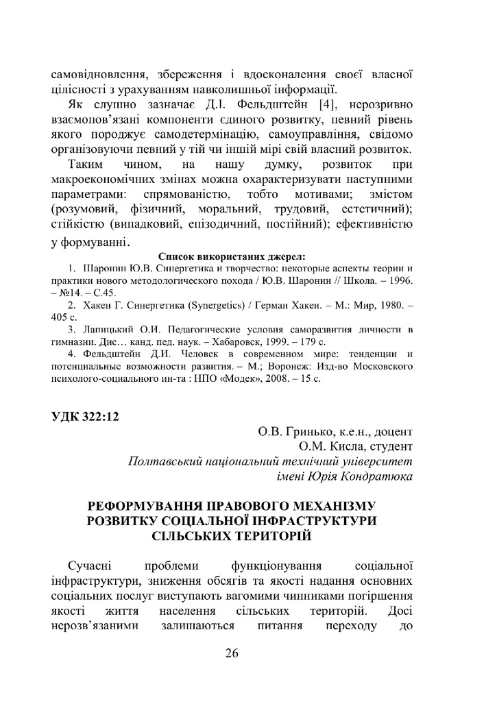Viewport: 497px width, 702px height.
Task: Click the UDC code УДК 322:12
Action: pyautogui.click(x=85, y=415)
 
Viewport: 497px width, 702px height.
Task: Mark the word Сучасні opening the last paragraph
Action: pyautogui.click(x=90, y=566)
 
